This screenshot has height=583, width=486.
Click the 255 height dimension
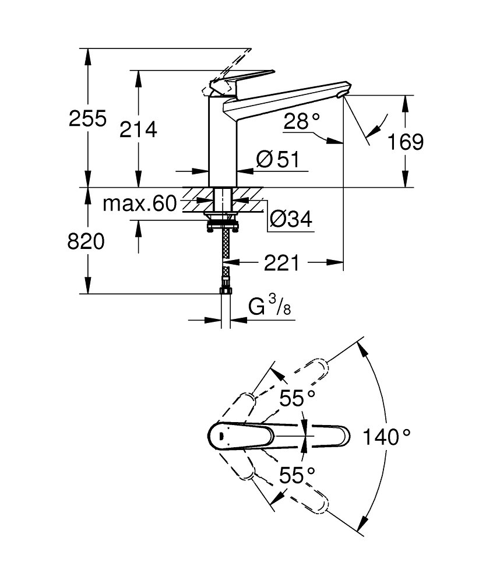(87, 119)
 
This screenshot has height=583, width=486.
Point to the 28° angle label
(302, 122)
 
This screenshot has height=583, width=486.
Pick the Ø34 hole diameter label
(291, 219)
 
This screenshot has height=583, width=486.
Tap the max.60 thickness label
(139, 203)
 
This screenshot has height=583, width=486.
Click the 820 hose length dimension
(87, 241)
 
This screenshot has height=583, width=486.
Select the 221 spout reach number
(281, 264)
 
